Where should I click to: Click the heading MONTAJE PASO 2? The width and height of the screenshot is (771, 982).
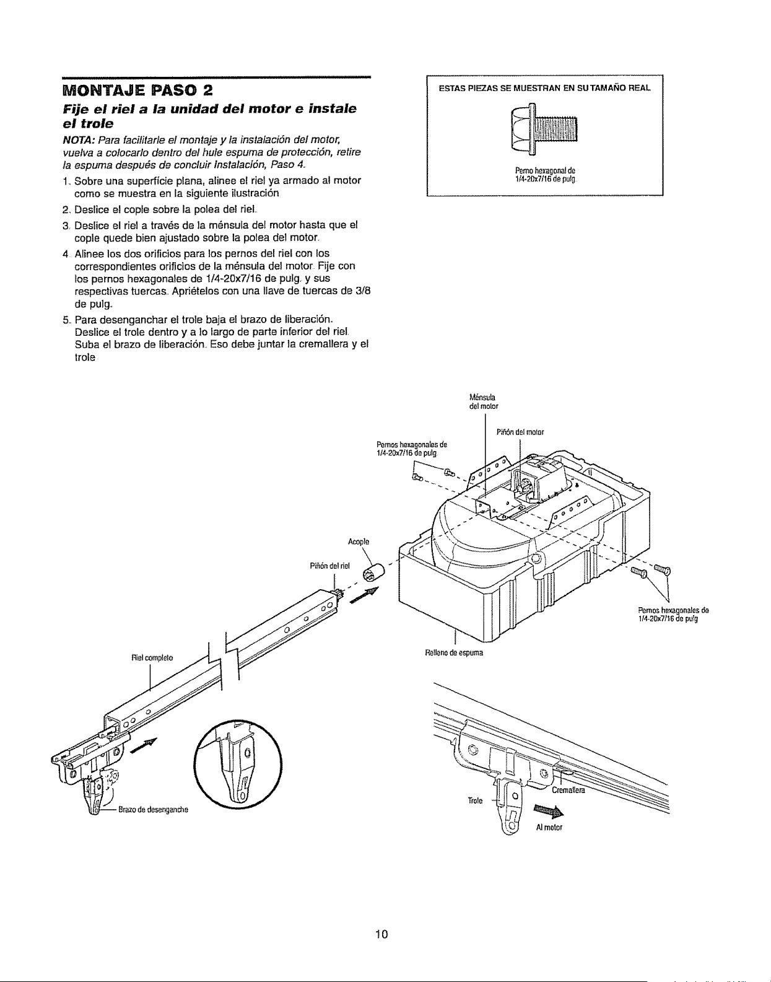tap(137, 90)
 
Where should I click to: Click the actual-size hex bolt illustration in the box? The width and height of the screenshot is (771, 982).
tap(544, 129)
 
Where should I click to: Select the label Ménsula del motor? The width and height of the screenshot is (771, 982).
tap(484, 401)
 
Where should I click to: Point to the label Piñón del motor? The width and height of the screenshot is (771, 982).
tap(520, 432)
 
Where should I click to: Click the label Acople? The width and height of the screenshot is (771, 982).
tap(358, 541)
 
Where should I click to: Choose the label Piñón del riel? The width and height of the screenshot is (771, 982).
tap(329, 566)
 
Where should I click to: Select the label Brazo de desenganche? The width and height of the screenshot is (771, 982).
tap(153, 809)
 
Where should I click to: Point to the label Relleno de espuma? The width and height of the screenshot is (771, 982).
tap(454, 652)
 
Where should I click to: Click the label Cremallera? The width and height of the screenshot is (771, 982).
tap(568, 790)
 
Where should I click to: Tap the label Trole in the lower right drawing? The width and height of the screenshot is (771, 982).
tap(475, 800)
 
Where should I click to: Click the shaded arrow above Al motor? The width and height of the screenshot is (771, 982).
tap(549, 812)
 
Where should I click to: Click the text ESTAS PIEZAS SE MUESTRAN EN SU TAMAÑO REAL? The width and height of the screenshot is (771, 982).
tap(545, 88)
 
